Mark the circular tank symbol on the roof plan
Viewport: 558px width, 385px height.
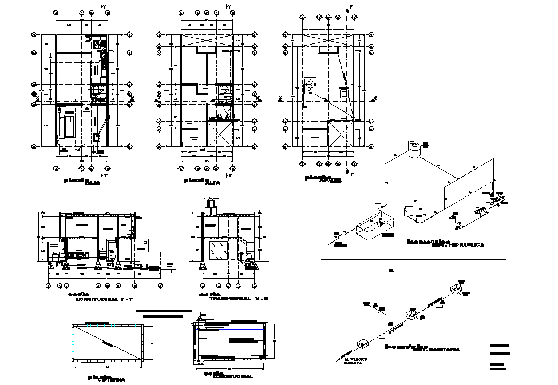pyautogui.click(x=310, y=85)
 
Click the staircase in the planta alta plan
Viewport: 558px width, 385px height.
pyautogui.click(x=224, y=94)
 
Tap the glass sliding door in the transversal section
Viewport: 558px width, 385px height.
pyautogui.click(x=219, y=251)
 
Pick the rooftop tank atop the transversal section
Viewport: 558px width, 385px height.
pyautogui.click(x=211, y=204)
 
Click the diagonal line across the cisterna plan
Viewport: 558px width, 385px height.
pyautogui.click(x=106, y=343)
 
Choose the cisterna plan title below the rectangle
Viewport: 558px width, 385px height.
pyautogui.click(x=106, y=378)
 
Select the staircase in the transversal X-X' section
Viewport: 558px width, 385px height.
pyautogui.click(x=250, y=250)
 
